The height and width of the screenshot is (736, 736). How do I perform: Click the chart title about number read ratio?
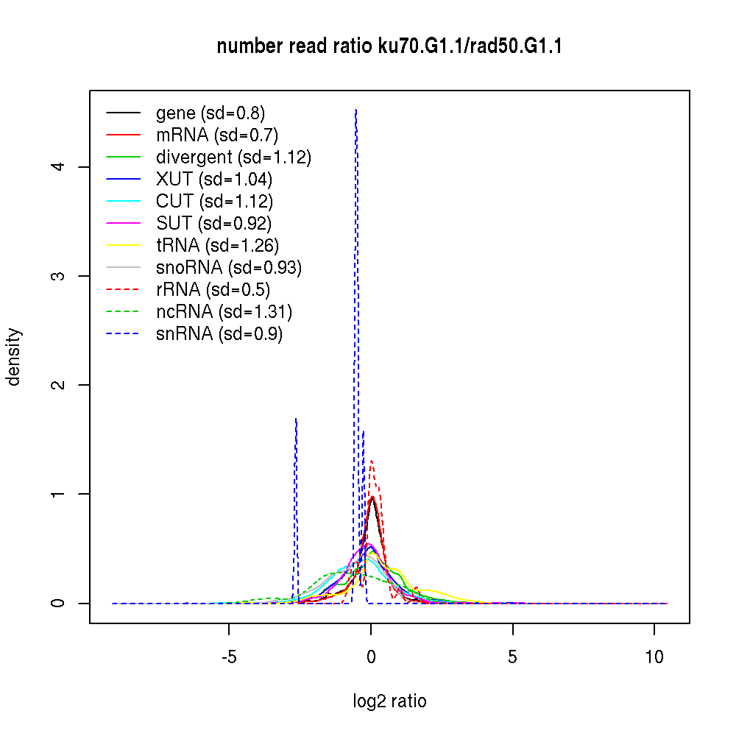389,47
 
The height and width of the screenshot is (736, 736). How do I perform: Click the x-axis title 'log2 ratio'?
389,701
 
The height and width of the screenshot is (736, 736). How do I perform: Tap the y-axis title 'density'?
14,357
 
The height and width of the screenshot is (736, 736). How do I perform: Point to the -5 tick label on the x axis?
228,657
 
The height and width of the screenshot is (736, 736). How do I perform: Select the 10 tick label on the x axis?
654,657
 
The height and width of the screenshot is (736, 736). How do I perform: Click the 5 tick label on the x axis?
513,657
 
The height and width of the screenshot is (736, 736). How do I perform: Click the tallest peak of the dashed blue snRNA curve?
356,110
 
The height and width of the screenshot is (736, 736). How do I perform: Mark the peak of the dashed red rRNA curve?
372,461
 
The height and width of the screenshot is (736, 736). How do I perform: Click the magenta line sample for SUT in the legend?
123,224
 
